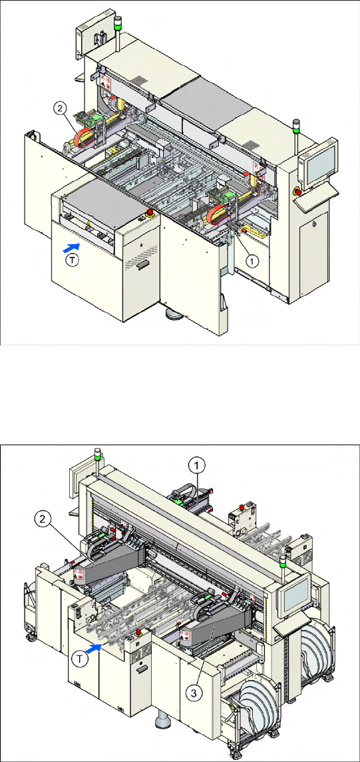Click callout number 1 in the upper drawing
coord(251,260)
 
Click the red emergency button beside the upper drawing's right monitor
coord(297,192)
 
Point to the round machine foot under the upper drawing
coord(174,314)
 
